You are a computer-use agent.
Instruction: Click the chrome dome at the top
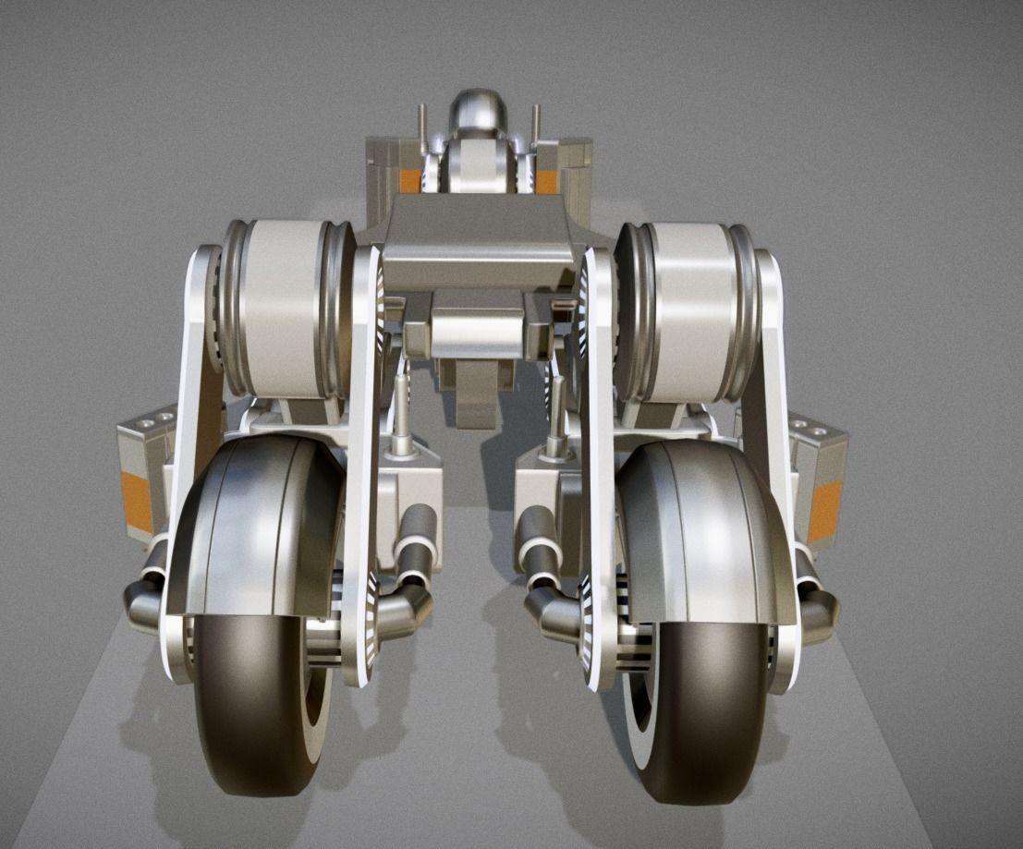coord(479,112)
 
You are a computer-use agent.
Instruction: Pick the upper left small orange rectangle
coord(409,181)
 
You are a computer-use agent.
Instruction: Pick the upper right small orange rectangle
coord(546,181)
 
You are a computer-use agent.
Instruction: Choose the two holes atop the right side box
coord(817,429)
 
